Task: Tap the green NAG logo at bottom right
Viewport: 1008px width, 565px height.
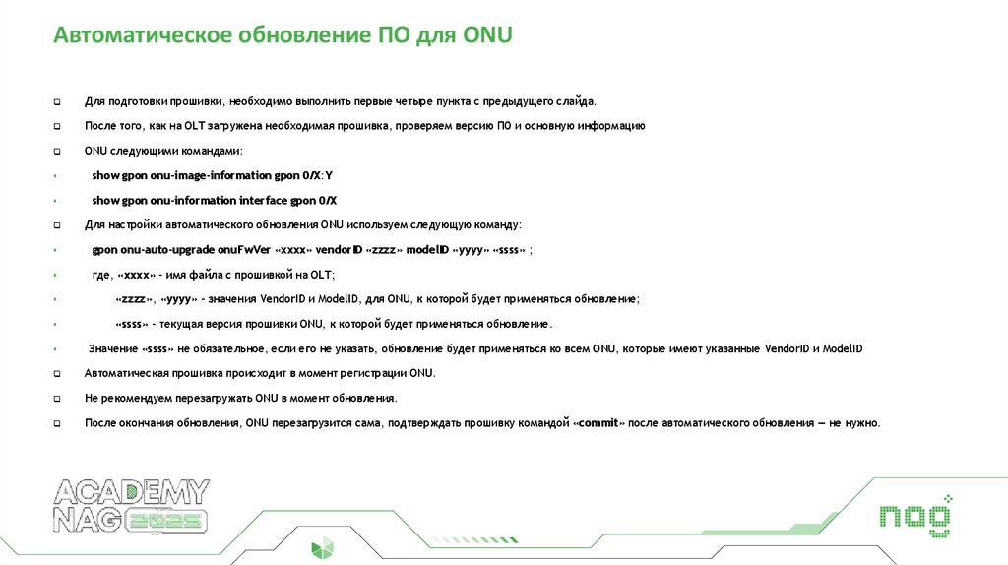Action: coord(914,516)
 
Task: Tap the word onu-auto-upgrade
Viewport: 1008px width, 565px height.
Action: coord(158,250)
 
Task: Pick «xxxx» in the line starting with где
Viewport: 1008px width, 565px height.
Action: coord(138,275)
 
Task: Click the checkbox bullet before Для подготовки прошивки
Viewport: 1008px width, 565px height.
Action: coord(57,101)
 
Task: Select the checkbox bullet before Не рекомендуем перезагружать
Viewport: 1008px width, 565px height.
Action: coord(57,400)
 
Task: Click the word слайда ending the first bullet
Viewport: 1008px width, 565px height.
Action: coord(576,101)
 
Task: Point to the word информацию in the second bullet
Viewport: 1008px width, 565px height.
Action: coord(614,126)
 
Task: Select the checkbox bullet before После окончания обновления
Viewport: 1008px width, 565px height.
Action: coord(57,424)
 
